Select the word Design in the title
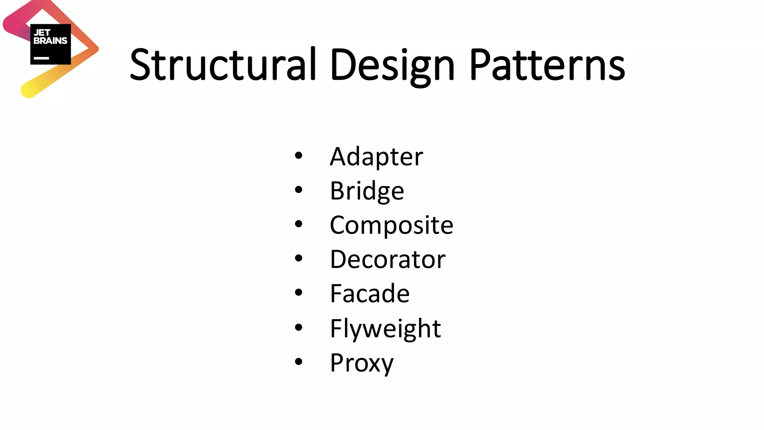[x=392, y=65]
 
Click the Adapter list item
[x=376, y=157]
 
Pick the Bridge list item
[x=367, y=191]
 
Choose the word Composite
[x=391, y=225]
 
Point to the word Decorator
[x=388, y=259]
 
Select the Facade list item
[x=370, y=293]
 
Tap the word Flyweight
[x=385, y=328]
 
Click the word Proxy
[x=361, y=363]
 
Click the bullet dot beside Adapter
[x=298, y=155]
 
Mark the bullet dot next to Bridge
[x=298, y=190]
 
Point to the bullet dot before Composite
[x=298, y=224]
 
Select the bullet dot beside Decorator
[x=298, y=258]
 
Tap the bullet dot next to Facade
[x=298, y=292]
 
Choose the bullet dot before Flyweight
[x=298, y=327]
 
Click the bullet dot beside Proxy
[x=298, y=361]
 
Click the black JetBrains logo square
[x=50, y=44]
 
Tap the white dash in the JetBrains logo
[x=41, y=58]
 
